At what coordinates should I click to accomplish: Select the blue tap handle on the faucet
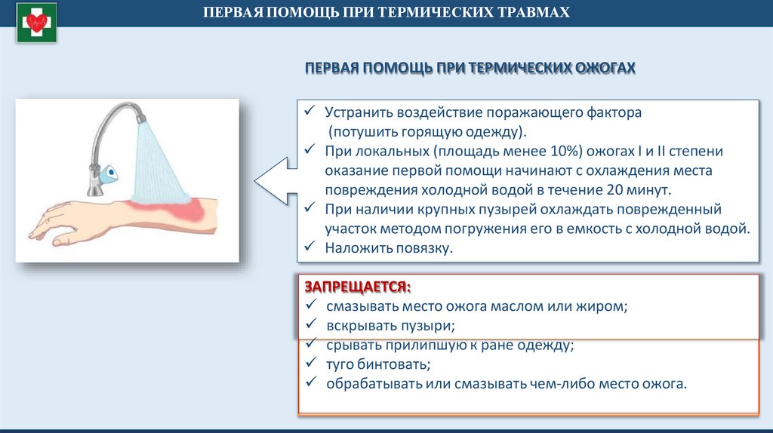tap(111, 173)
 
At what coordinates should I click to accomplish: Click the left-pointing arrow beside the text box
tap(272, 180)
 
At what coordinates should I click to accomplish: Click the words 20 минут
tap(639, 190)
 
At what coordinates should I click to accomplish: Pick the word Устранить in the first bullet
tap(357, 112)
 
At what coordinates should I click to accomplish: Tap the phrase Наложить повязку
tap(389, 247)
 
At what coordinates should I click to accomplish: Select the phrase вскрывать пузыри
tap(390, 326)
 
